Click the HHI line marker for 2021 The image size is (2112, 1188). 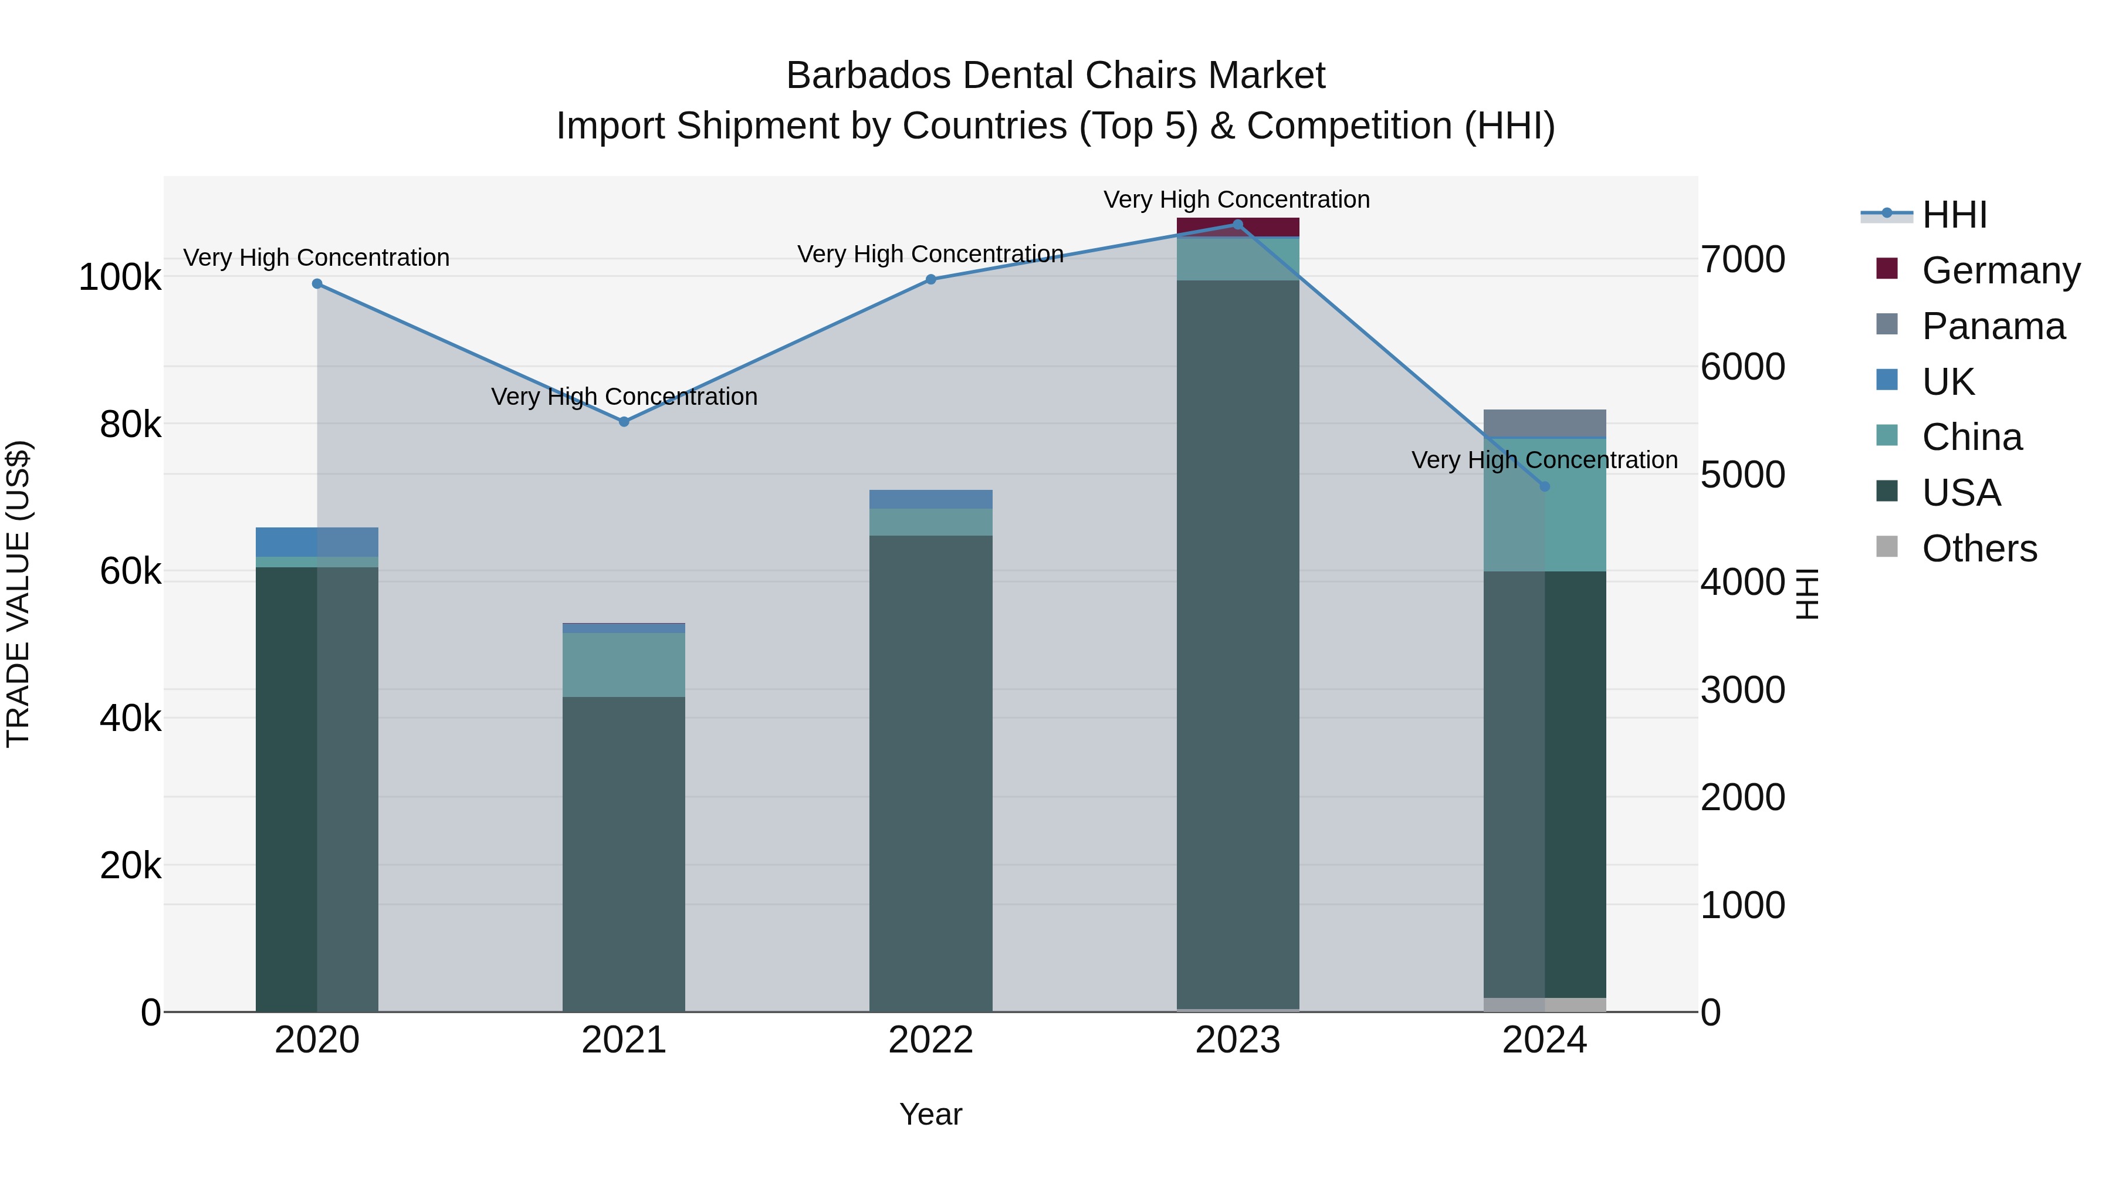(624, 421)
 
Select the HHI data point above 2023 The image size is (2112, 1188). (1238, 224)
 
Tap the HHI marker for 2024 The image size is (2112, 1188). (1545, 486)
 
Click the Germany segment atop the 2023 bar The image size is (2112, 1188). (1238, 227)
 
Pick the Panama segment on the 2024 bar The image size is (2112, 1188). (1545, 423)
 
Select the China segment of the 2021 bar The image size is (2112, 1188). (624, 665)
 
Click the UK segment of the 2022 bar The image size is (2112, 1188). (930, 499)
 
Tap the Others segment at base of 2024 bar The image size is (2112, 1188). (1545, 1004)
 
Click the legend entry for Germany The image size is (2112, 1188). (2001, 270)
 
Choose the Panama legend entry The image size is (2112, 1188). (1993, 326)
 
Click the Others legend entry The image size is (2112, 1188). (1979, 549)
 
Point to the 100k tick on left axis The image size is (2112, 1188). (120, 277)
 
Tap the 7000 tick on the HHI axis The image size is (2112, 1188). (1743, 259)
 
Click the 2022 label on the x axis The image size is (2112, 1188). (930, 1040)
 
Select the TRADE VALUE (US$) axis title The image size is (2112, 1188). (18, 594)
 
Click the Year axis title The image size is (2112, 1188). (930, 1114)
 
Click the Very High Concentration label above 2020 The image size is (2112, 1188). (316, 258)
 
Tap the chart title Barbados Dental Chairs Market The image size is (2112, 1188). (1055, 76)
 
